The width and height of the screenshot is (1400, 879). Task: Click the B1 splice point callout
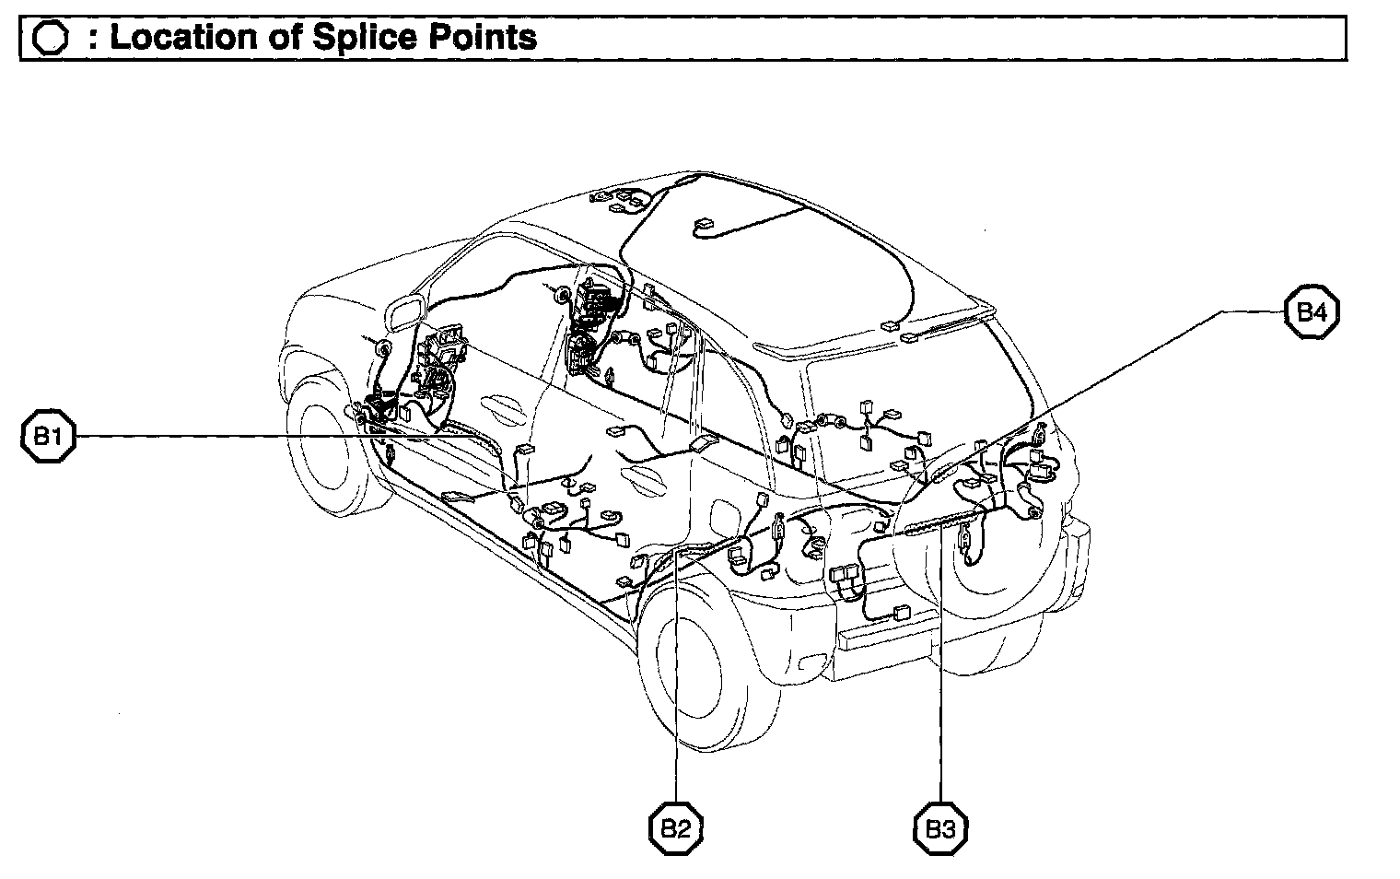click(x=48, y=436)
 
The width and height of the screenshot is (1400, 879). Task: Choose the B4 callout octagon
click(x=1312, y=312)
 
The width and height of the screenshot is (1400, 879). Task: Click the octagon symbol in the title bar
click(x=50, y=38)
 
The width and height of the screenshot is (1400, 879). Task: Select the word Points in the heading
click(x=484, y=38)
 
